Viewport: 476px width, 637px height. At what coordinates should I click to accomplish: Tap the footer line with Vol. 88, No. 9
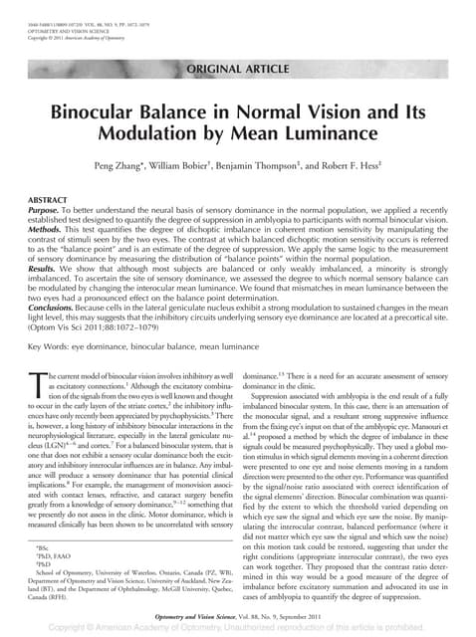(239, 617)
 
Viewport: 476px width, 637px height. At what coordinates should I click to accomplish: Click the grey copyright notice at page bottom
(239, 629)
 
